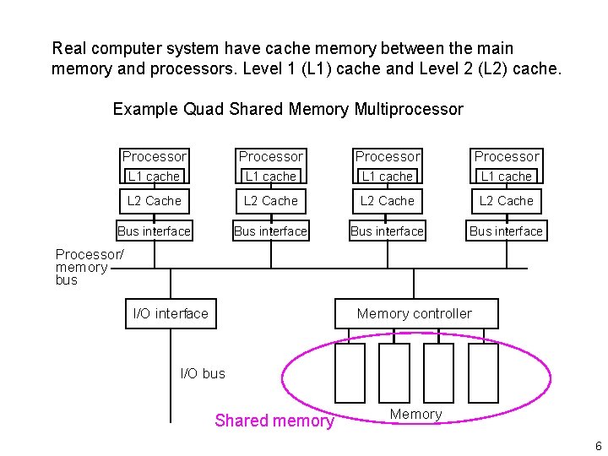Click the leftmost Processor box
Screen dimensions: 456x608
154,156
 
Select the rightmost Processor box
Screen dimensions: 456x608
506,156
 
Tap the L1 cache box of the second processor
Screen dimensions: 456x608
270,176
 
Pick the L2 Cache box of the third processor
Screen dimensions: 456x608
387,201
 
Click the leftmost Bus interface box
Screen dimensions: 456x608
154,231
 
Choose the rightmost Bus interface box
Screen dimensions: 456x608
506,231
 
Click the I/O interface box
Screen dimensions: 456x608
171,313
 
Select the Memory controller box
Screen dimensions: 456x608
415,313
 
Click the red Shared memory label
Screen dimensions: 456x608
274,421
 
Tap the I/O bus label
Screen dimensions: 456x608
203,373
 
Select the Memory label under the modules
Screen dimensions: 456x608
415,414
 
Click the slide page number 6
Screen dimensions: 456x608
597,445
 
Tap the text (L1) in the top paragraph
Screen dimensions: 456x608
313,68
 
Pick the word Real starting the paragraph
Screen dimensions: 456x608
68,49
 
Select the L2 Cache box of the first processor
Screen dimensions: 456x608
154,201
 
